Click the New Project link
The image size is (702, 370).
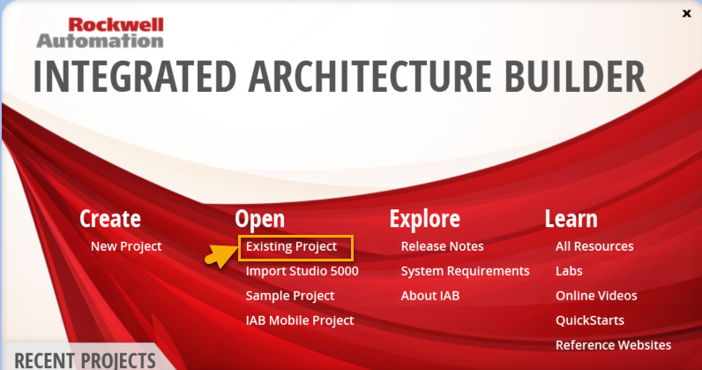pyautogui.click(x=126, y=246)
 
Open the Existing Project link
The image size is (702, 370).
pyautogui.click(x=291, y=246)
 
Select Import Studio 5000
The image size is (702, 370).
pyautogui.click(x=302, y=271)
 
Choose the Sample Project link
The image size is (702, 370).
pyautogui.click(x=289, y=296)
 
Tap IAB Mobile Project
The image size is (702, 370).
pyautogui.click(x=300, y=321)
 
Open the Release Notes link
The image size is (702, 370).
pyautogui.click(x=442, y=246)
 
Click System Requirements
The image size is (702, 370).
pyautogui.click(x=465, y=271)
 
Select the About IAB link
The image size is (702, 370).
pyautogui.click(x=429, y=296)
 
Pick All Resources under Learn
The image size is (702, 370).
pyautogui.click(x=594, y=246)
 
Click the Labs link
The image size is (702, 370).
pyautogui.click(x=569, y=271)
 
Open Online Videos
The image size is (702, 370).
pyautogui.click(x=596, y=296)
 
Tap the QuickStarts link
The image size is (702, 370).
pyautogui.click(x=590, y=321)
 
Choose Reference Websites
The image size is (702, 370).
pyautogui.click(x=613, y=345)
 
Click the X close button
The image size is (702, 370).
pyautogui.click(x=686, y=13)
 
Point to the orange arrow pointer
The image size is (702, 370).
pyautogui.click(x=220, y=256)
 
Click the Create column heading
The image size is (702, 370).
pyautogui.click(x=110, y=218)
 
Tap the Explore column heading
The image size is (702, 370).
pyautogui.click(x=424, y=218)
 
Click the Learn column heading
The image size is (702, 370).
pyautogui.click(x=571, y=218)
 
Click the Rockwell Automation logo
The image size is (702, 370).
pyautogui.click(x=100, y=33)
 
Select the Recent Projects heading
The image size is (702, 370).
pyautogui.click(x=85, y=360)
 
